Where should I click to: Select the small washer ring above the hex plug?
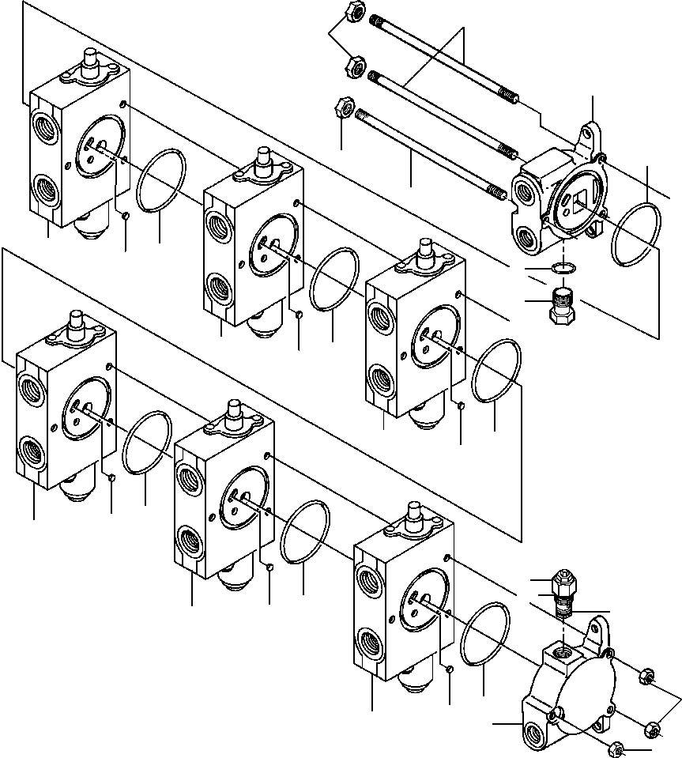(560, 268)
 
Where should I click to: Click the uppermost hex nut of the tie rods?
(356, 13)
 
